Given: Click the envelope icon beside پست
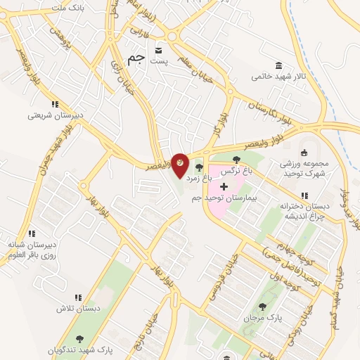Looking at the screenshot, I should click(x=158, y=50).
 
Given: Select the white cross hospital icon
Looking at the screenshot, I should click(x=224, y=186).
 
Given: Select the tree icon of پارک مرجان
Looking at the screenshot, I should click(x=263, y=306).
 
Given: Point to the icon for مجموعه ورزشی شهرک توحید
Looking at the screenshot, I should click(x=304, y=153).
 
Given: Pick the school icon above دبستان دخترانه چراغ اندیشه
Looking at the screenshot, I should click(x=304, y=195).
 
